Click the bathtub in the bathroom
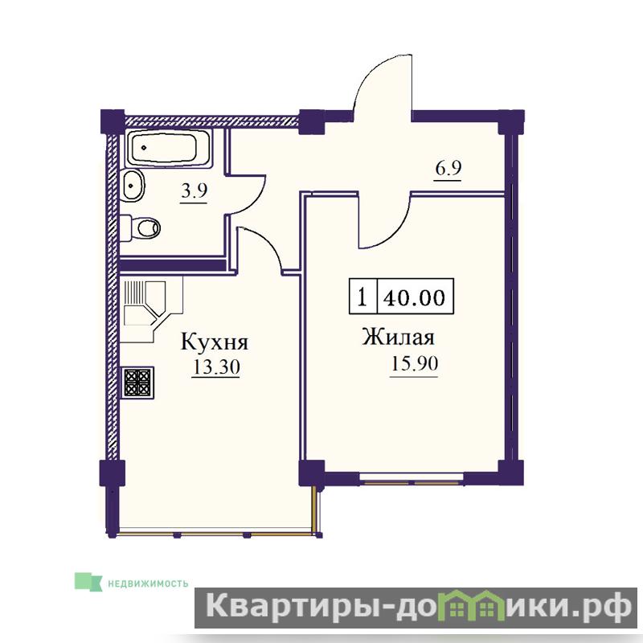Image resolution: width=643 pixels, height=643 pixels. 169,148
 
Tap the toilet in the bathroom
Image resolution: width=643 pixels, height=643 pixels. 141,228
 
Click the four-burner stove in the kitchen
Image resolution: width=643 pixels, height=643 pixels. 137,383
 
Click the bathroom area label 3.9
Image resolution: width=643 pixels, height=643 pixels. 195,191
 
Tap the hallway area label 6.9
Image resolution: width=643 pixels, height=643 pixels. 448,169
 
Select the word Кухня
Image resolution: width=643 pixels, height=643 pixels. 215,342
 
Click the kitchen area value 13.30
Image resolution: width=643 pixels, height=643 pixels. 216,367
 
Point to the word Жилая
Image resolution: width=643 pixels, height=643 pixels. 398,338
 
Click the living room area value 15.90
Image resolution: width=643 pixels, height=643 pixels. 414,364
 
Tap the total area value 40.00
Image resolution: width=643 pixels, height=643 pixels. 414,297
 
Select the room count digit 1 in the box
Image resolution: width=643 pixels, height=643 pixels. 361,297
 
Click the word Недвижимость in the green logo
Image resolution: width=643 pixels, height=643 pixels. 148,584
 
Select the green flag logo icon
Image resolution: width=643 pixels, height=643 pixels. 88,581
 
